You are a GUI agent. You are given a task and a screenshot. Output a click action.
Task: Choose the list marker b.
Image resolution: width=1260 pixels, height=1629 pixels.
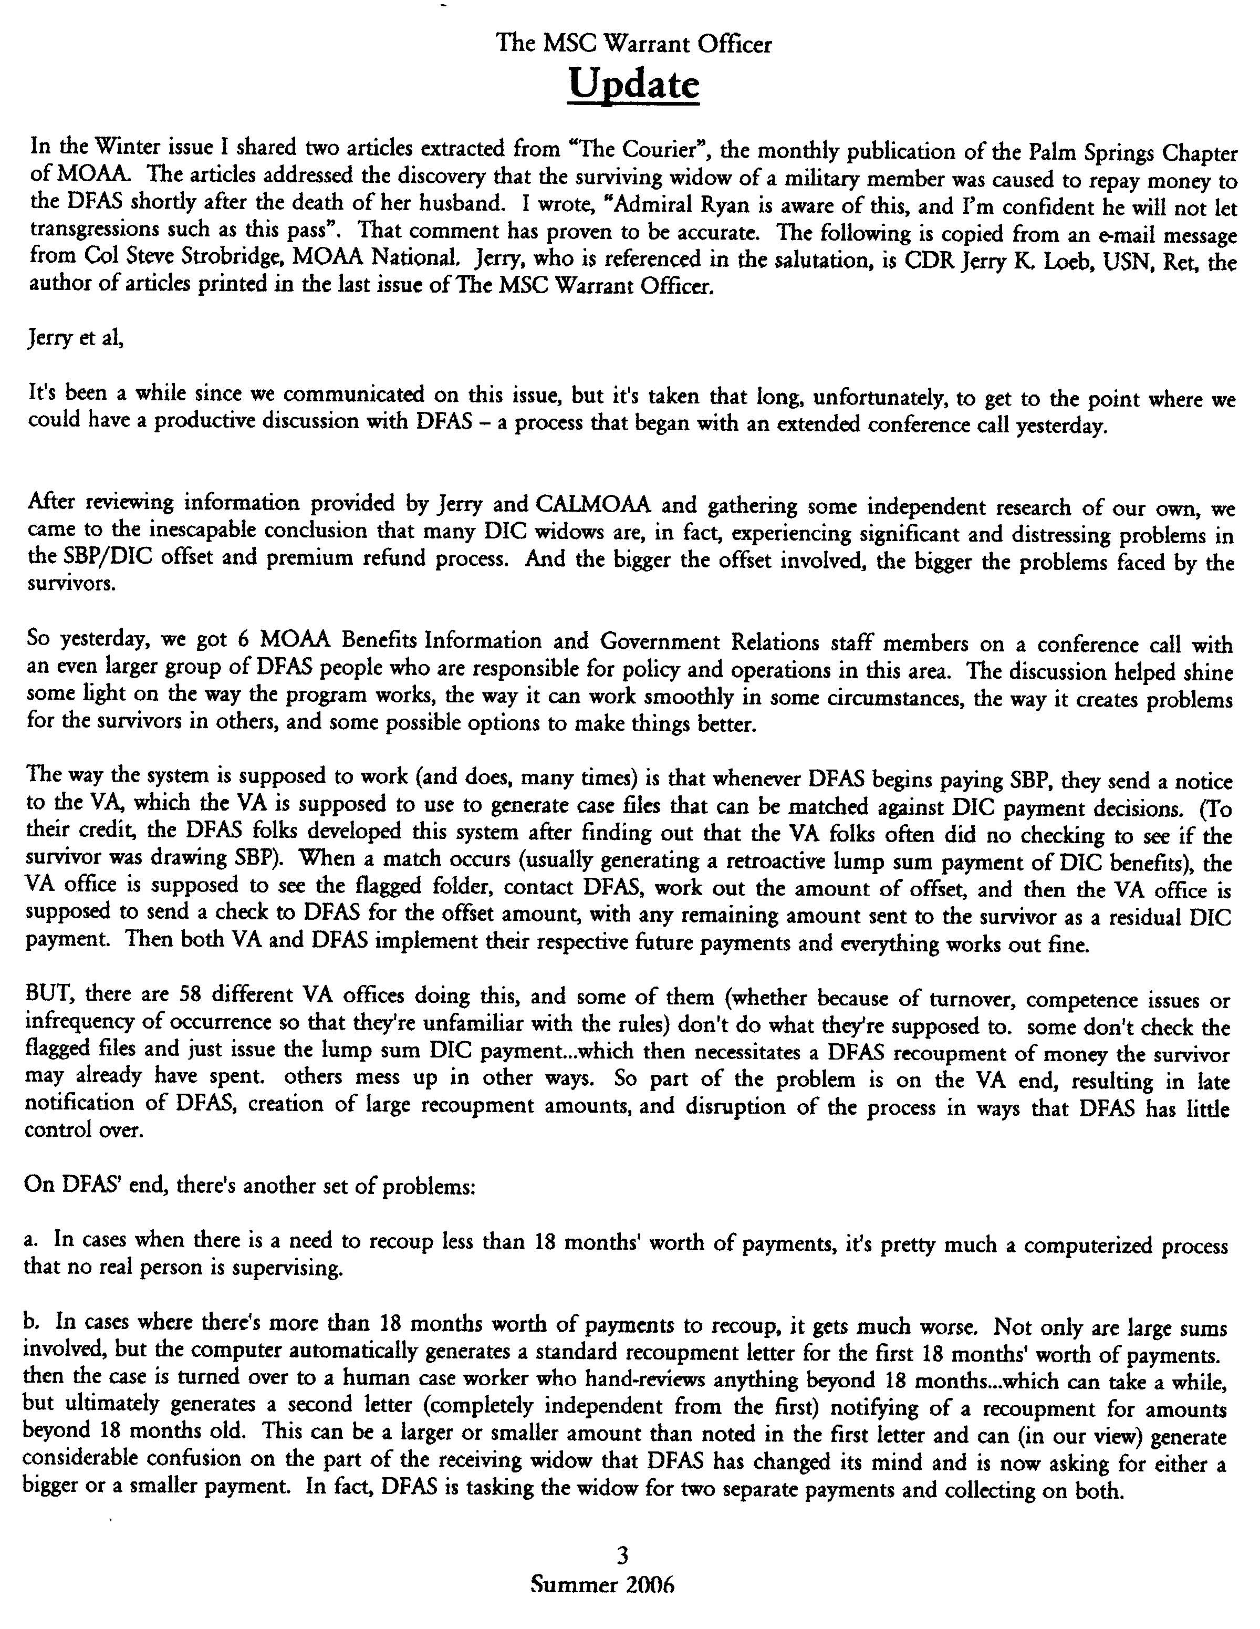pos(32,1322)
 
